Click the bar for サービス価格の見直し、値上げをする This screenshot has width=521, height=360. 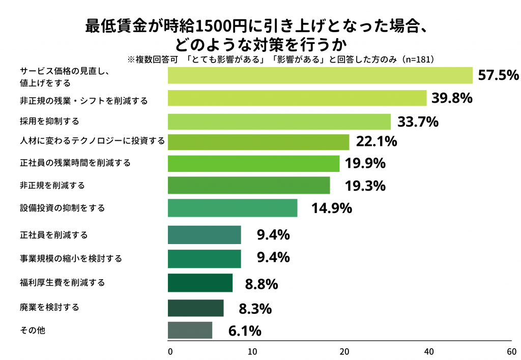point(321,75)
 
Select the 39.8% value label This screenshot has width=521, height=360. point(452,98)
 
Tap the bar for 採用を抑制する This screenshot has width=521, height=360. point(279,122)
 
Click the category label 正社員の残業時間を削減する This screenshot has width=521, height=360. point(75,163)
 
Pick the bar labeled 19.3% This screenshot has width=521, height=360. point(249,185)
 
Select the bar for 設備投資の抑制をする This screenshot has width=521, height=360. point(233,208)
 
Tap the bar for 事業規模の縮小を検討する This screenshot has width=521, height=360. point(205,258)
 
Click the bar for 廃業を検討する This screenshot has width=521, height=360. point(196,308)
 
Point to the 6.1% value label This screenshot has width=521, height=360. point(245,331)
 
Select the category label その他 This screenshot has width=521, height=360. point(33,331)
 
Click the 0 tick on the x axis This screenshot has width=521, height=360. point(170,351)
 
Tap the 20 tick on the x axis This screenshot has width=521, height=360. point(344,351)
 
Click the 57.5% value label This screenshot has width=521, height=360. point(498,75)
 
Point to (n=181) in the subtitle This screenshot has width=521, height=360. point(417,59)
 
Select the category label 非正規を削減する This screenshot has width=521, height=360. point(52,185)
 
